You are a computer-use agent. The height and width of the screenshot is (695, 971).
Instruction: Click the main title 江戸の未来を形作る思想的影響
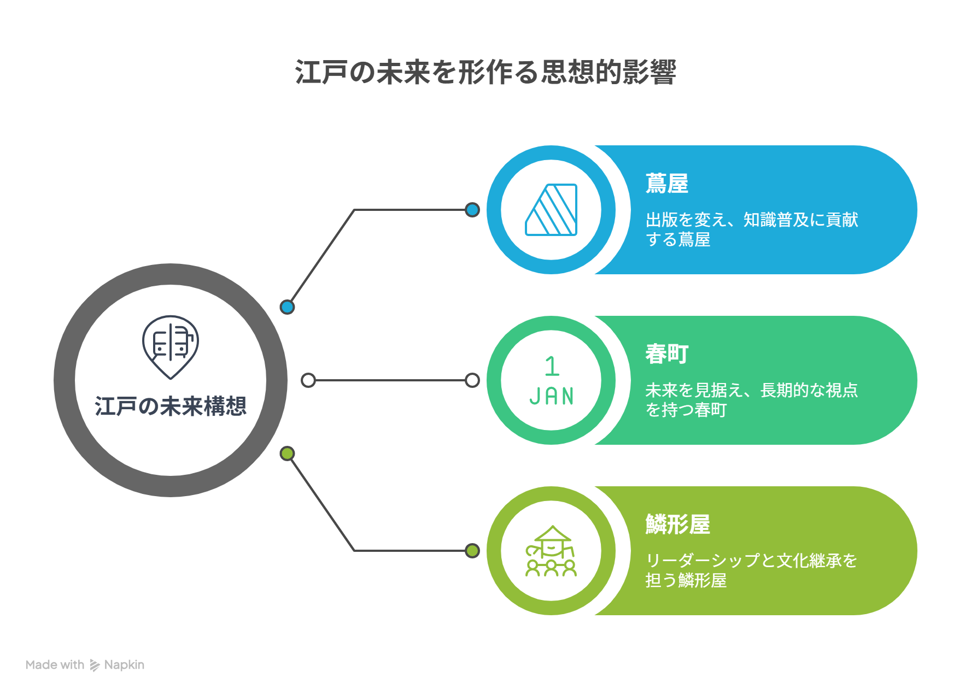(x=486, y=72)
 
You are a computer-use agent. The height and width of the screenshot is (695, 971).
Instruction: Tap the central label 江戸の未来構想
(x=171, y=406)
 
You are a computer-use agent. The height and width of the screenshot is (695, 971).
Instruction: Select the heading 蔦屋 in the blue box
(x=667, y=184)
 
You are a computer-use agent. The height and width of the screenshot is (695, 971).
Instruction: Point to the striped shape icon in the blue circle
(x=551, y=210)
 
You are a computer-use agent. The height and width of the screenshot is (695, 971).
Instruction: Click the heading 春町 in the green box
(x=667, y=354)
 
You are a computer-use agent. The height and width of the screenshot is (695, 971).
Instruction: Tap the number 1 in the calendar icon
(x=552, y=366)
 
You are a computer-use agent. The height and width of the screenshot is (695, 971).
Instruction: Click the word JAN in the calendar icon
(x=552, y=396)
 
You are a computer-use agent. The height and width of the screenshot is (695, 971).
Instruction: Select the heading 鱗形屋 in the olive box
(x=678, y=525)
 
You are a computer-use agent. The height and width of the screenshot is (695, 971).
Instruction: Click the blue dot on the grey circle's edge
(x=287, y=307)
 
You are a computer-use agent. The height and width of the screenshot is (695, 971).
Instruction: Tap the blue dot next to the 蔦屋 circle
(x=472, y=210)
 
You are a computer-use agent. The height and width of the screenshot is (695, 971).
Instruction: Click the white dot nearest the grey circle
(x=308, y=380)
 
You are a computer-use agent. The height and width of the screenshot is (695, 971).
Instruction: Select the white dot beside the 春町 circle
(x=472, y=380)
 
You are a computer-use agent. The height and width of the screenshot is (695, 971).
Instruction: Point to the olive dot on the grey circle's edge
(x=287, y=453)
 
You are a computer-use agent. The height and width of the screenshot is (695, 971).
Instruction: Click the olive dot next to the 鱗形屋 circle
(x=472, y=551)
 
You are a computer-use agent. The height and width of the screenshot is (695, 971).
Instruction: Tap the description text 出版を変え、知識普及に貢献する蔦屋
(x=752, y=229)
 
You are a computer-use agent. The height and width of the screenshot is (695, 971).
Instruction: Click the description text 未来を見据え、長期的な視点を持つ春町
(x=752, y=400)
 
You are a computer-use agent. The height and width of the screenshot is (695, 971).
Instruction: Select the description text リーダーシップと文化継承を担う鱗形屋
(x=751, y=570)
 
